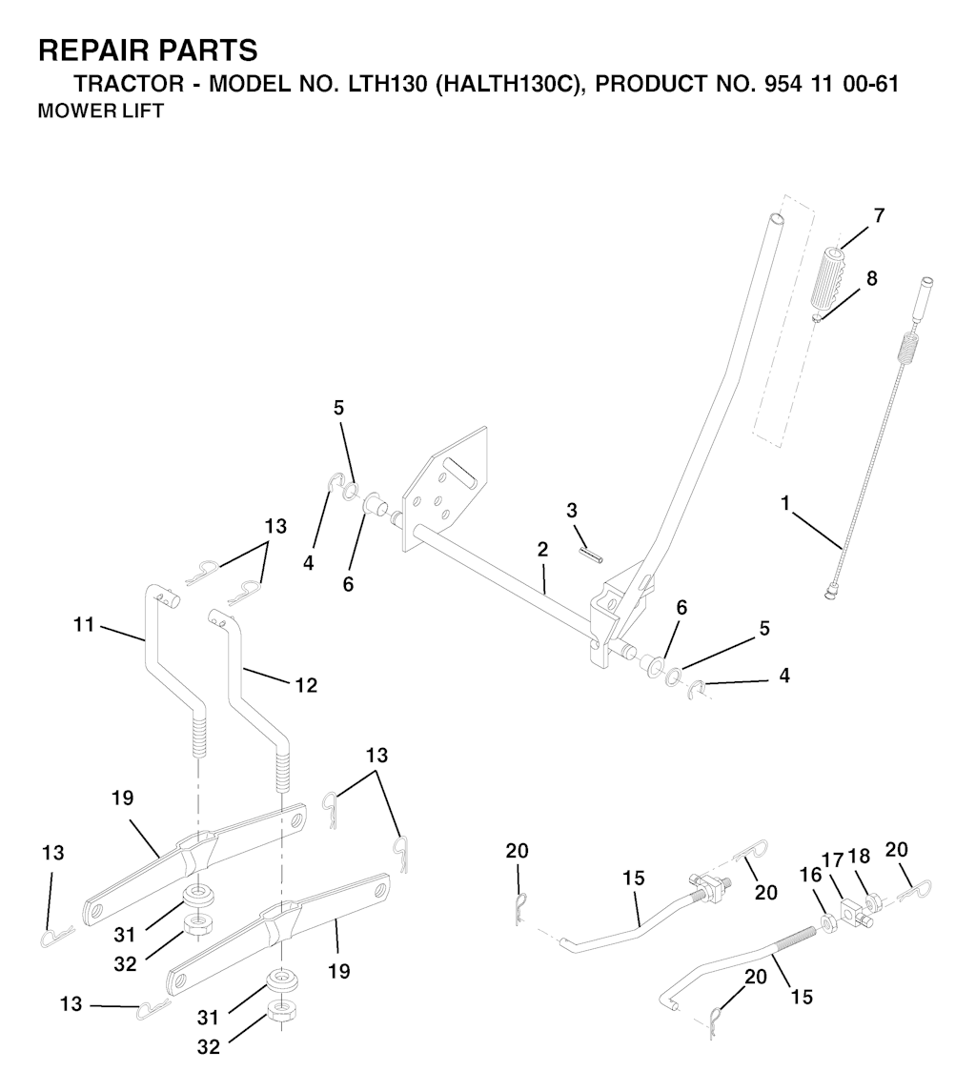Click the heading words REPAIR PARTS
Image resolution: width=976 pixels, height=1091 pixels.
point(148,51)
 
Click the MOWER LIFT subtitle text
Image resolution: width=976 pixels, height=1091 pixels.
point(100,111)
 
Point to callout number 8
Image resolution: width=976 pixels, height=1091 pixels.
point(871,278)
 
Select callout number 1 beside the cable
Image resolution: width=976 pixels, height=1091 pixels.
point(786,502)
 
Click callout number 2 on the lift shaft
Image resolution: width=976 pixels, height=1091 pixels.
point(543,550)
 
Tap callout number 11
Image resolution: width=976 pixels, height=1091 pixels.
point(84,625)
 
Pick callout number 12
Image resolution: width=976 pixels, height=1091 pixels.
point(306,685)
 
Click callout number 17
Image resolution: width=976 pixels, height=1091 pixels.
point(833,860)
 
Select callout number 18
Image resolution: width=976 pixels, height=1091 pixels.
point(859,858)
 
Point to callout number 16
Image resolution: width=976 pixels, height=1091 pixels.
point(811,875)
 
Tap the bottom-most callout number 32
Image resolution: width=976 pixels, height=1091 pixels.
point(208,1046)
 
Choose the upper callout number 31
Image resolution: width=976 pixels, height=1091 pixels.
point(125,935)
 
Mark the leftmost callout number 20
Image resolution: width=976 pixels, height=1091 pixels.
point(518,850)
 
